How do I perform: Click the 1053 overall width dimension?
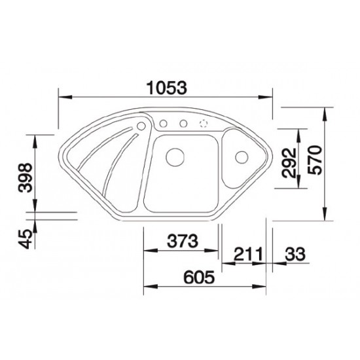coord(167,88)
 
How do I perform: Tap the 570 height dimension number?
coord(315,160)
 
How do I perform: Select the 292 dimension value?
coord(289,163)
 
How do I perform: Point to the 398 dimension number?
coord(26,177)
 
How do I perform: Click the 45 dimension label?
coord(26,239)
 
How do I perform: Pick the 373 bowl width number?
coord(183,241)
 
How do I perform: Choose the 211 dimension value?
coord(248,254)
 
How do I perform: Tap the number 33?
coord(295,254)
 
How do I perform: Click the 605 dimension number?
coord(199,277)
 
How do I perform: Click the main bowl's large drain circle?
coord(175,157)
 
